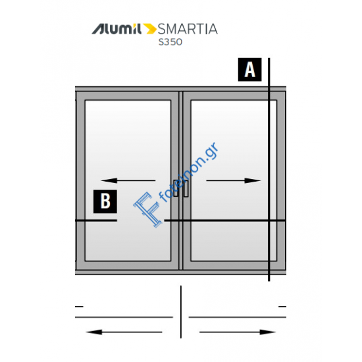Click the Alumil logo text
pyautogui.click(x=116, y=29)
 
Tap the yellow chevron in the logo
pyautogui.click(x=149, y=29)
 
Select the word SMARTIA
pyautogui.click(x=188, y=29)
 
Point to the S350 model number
pyautogui.click(x=170, y=42)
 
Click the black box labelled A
pyautogui.click(x=250, y=70)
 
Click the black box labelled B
pyautogui.click(x=105, y=201)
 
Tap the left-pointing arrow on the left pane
pyautogui.click(x=128, y=180)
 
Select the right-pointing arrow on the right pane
pyautogui.click(x=234, y=180)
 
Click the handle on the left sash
pyautogui.click(x=176, y=188)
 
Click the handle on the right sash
pyautogui.click(x=186, y=188)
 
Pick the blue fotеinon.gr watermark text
pyautogui.click(x=190, y=172)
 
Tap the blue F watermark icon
pyautogui.click(x=147, y=209)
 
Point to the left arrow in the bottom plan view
pyautogui.click(x=124, y=332)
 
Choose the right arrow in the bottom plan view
pyautogui.click(x=238, y=332)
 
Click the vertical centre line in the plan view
pyautogui.click(x=181, y=312)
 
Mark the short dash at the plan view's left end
pyautogui.click(x=79, y=307)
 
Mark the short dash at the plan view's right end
pyautogui.click(x=282, y=307)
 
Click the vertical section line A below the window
pyautogui.click(x=269, y=278)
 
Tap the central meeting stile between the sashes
pyautogui.click(x=181, y=180)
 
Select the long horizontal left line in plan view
pyautogui.click(x=124, y=317)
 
